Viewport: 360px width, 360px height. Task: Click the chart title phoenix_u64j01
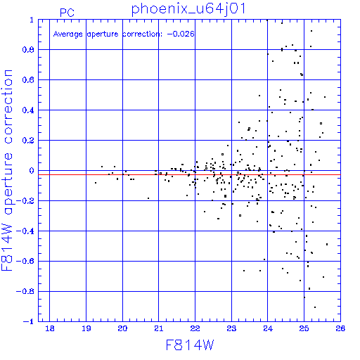188,10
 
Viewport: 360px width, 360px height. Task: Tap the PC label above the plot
67,13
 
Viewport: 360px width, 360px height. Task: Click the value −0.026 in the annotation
181,34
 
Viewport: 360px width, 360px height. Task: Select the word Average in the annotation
68,34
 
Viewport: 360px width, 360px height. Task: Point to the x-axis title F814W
190,345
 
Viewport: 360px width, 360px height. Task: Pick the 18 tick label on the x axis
50,328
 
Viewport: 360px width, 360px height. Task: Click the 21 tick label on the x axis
159,328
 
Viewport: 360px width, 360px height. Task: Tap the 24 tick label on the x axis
268,328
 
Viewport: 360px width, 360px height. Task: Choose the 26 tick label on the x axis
340,328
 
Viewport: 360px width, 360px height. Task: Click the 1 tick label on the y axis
32,20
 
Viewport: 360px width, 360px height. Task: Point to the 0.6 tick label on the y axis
28,80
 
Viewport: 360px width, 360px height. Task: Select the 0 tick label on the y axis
32,171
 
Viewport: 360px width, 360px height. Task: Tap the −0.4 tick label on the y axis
25,231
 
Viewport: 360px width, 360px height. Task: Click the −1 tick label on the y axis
29,321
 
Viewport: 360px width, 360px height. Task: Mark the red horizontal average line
189,174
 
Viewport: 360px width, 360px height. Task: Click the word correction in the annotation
142,34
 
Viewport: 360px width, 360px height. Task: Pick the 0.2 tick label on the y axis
28,141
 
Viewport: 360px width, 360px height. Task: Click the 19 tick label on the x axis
86,328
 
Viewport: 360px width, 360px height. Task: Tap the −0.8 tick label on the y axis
25,291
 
